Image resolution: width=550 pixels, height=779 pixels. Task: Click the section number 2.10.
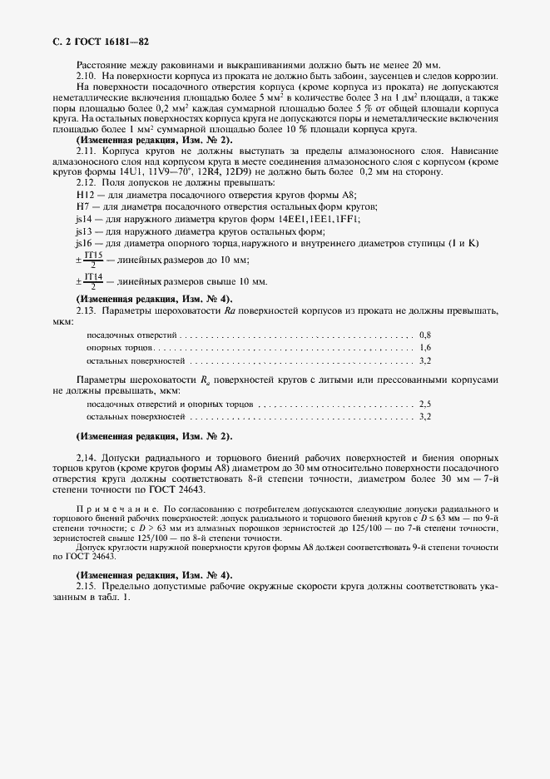coord(87,76)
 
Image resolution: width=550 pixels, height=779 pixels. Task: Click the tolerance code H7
coord(82,206)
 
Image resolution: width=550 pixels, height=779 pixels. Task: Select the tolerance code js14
coord(84,218)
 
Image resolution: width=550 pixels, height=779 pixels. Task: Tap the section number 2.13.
coord(87,310)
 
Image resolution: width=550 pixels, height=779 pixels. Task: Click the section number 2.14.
coord(87,459)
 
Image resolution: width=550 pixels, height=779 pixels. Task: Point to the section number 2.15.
coord(87,587)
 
